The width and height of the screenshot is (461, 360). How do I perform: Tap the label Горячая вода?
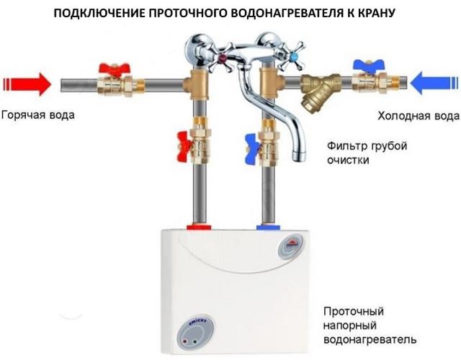[37, 115]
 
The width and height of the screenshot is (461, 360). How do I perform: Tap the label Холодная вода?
[419, 115]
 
